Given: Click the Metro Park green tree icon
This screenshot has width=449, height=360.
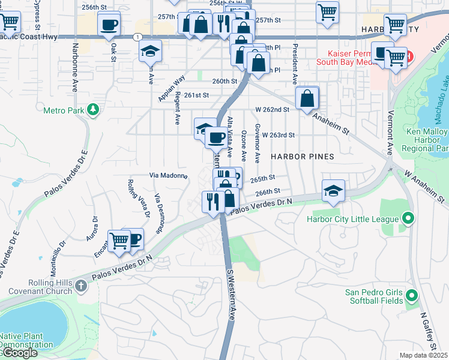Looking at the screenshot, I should click(92, 109).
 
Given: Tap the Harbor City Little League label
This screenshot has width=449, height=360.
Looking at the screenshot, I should click(352, 220).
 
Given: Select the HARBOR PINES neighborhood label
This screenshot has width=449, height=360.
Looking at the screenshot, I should click(301, 156).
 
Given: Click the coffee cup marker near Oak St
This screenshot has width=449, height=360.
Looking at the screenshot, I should click(109, 26).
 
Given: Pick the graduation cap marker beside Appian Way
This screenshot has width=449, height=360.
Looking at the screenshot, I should click(150, 52).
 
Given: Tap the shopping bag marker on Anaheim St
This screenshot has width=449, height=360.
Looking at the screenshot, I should click(307, 98).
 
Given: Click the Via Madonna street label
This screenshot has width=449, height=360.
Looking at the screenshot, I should click(168, 176).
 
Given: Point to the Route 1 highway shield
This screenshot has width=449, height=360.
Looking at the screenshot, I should click(138, 37).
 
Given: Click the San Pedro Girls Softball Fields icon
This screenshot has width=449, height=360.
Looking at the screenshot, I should click(412, 295).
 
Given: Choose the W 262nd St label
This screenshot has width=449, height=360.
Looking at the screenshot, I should click(273, 110).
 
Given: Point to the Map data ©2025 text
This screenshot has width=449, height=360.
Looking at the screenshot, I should click(423, 355).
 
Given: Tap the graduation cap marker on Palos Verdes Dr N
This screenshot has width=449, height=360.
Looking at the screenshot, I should click(334, 191).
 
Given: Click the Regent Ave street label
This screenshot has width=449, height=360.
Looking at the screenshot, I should click(178, 108).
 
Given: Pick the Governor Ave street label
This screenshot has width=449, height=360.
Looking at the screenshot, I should click(257, 144).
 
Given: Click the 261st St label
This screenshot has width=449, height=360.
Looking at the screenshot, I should click(196, 95).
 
